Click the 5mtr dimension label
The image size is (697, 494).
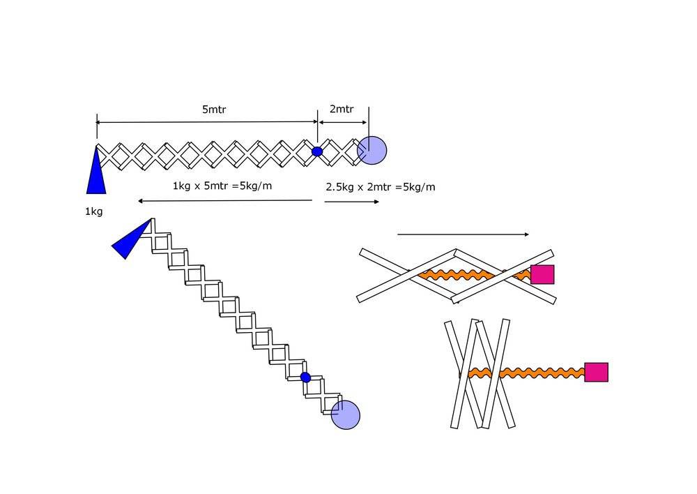coord(214,110)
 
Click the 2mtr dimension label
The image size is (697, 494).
coord(342,110)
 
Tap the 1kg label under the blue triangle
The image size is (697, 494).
coord(93,211)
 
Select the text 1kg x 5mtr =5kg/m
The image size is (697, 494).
coord(222,186)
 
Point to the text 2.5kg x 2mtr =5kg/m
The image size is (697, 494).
coord(381,187)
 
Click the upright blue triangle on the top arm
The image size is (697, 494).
coord(96,174)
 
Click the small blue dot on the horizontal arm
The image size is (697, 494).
coord(317,151)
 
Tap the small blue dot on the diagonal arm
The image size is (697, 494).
coord(305,377)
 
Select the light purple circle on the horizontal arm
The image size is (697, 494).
coord(372,150)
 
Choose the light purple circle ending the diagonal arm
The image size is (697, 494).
coord(346,415)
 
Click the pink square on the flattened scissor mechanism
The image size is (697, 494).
coord(542,274)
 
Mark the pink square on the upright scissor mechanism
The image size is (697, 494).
coord(596,372)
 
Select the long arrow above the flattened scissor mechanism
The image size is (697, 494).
coord(463,234)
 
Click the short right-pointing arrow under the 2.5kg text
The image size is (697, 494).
coord(352,202)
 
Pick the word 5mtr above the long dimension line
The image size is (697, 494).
coord(214,110)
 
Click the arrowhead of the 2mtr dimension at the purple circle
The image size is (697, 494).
coord(365,123)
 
